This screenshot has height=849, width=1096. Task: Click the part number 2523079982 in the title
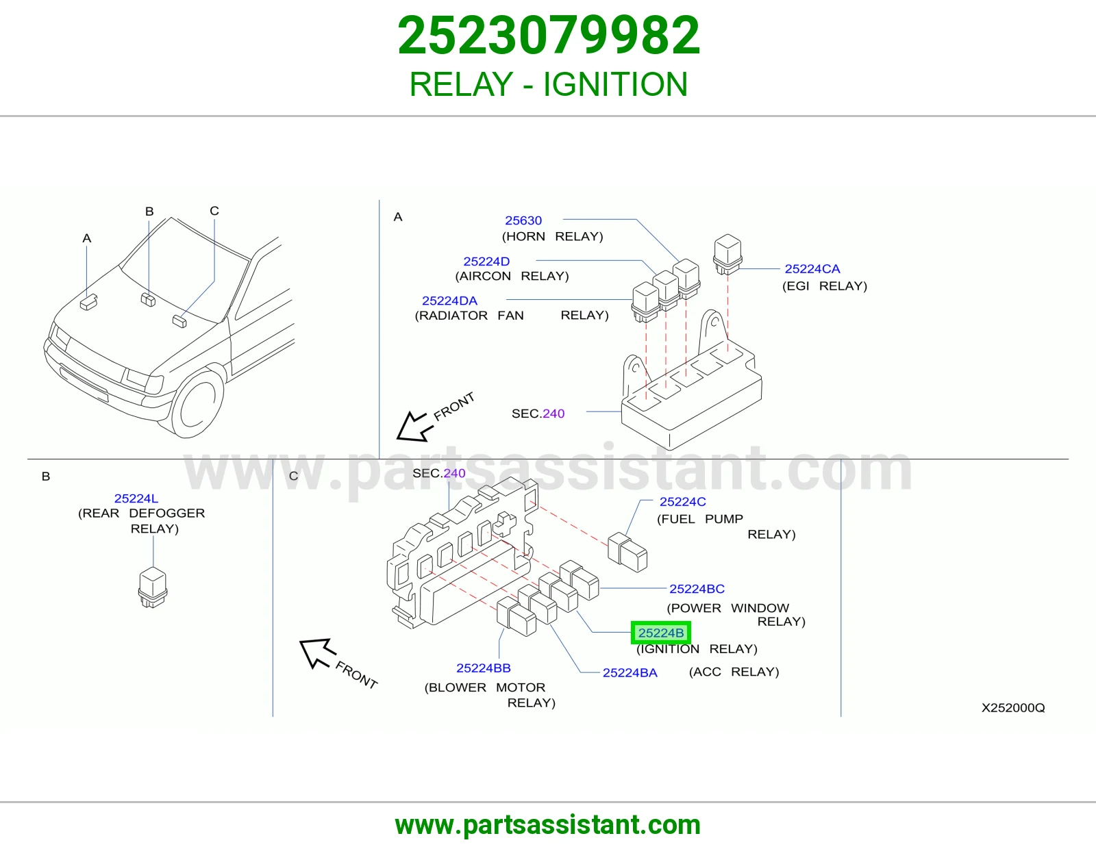coord(548,36)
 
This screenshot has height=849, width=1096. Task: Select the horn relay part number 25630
coord(523,220)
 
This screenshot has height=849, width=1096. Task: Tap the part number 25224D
coord(486,261)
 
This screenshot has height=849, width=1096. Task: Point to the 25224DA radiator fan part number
coord(449,301)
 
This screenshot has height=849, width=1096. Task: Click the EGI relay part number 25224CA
coord(812,268)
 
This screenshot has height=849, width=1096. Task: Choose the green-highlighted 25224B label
coord(661,633)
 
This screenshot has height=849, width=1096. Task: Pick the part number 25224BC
coord(697,589)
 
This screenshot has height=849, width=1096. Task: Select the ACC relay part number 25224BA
coord(630,672)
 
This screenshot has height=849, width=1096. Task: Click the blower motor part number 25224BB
coord(483,668)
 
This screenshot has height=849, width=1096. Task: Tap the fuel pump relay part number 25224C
coord(682,502)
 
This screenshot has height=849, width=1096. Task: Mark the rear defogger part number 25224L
coord(136,498)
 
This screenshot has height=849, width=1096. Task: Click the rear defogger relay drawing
coord(153,587)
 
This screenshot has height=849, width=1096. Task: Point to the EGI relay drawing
coord(727,254)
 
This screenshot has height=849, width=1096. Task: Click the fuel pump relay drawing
coord(627,553)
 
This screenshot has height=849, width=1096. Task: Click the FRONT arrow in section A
coord(414,427)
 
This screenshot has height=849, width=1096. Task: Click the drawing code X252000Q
coord(1013,708)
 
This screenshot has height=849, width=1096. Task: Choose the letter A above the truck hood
coord(87,238)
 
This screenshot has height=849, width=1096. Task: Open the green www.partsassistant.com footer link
coord(548,825)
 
